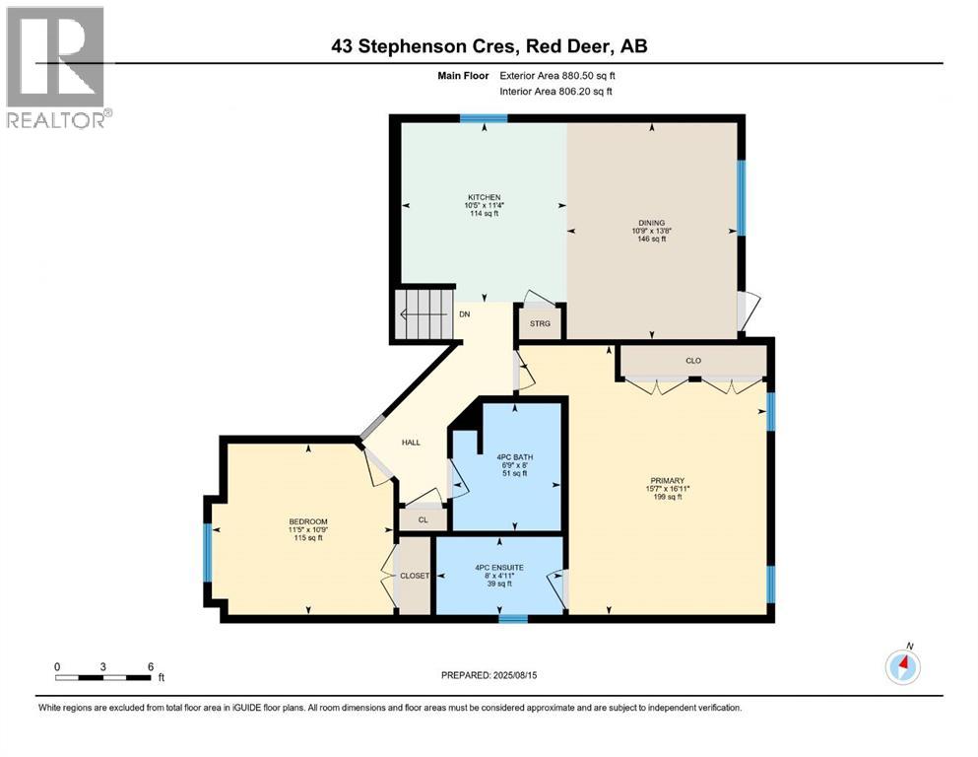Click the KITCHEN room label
point(483,197)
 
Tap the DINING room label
point(650,223)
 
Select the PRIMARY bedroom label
point(660,481)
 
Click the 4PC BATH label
point(509,456)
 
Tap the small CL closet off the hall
point(423,518)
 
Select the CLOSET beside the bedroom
point(414,577)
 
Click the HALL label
point(411,443)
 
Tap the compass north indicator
point(902,666)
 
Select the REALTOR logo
point(57,69)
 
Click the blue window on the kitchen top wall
point(484,118)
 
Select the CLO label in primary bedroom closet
point(693,361)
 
